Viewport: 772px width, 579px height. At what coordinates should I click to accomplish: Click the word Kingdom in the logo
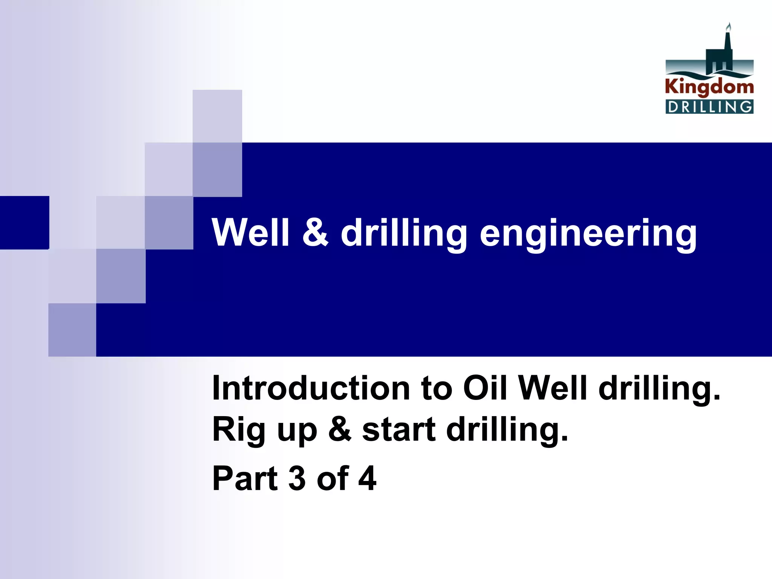tap(709, 87)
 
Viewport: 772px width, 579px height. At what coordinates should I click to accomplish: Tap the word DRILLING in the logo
tap(709, 107)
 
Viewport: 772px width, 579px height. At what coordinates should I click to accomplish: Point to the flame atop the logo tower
tap(729, 28)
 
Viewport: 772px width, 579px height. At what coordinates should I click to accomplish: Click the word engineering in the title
tap(588, 234)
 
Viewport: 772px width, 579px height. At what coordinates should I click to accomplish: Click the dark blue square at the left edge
tap(25, 222)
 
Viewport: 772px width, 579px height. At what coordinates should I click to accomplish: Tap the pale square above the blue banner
tap(217, 116)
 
